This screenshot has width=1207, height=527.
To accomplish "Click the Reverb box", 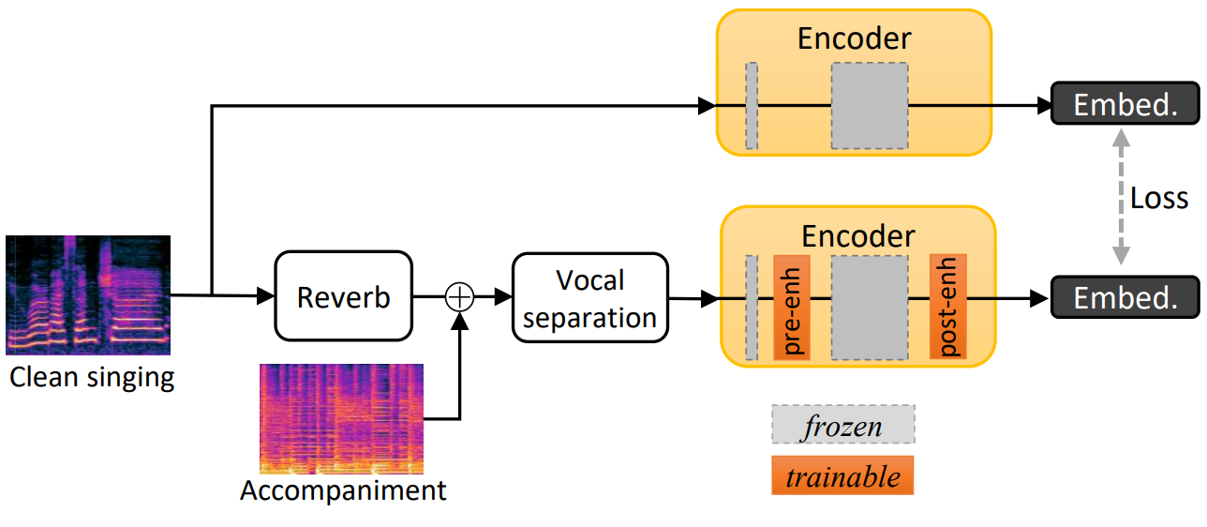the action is [343, 295].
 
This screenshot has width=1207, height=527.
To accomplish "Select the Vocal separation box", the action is [590, 298].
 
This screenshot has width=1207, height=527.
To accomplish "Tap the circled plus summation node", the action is [459, 297].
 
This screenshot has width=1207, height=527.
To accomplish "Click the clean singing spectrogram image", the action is [88, 295].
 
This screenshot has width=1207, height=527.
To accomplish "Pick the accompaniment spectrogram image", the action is [341, 419].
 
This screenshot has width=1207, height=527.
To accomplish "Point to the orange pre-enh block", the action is [792, 308].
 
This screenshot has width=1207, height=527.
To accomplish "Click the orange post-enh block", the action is [947, 307].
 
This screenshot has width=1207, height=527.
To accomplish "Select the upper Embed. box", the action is [1125, 103].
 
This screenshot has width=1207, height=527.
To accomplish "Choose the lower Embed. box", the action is [1125, 297].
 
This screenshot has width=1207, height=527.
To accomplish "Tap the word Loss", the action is [1159, 199].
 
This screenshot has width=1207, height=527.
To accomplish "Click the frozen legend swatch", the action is [843, 425].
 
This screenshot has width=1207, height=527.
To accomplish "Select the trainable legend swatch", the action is [842, 475].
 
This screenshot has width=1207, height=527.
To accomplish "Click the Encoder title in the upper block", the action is [854, 38].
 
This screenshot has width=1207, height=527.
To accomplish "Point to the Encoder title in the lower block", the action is [857, 235].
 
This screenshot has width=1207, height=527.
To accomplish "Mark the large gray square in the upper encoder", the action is [870, 106].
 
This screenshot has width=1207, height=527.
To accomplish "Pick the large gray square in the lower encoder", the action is [870, 308].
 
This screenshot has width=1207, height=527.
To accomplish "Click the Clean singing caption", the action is [92, 378].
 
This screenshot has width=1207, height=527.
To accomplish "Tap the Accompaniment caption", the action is [343, 490].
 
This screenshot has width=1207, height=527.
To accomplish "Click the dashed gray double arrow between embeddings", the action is [1121, 197].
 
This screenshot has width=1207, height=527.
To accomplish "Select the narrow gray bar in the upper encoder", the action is [752, 106].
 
